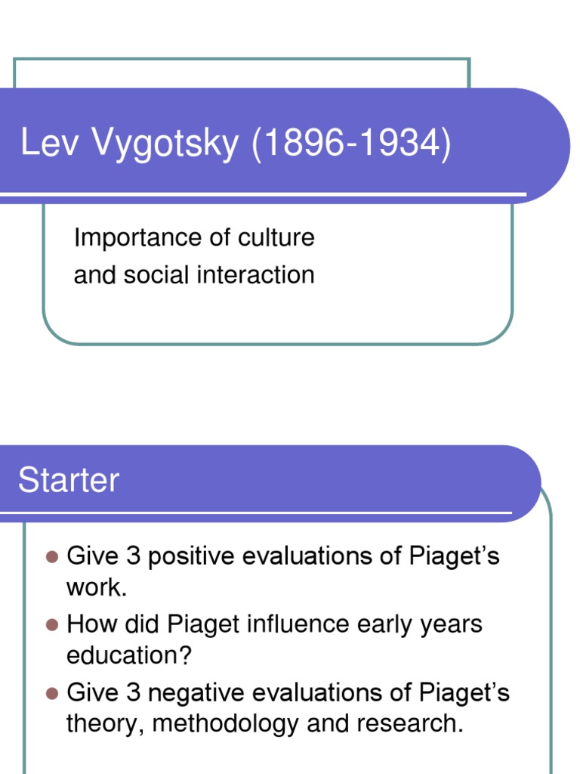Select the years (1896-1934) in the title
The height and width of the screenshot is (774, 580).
click(352, 144)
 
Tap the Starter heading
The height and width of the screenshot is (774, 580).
click(68, 480)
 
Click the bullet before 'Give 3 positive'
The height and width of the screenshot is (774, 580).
click(52, 557)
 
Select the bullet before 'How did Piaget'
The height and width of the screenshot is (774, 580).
click(52, 625)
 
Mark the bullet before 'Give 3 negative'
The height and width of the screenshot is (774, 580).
click(52, 692)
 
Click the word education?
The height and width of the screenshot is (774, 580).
click(129, 655)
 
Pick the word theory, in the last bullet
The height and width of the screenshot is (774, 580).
click(106, 723)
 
